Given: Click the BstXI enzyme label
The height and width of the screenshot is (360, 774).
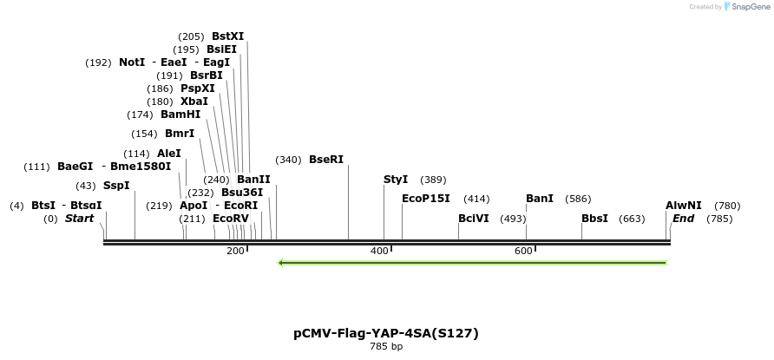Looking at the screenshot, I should (227, 36).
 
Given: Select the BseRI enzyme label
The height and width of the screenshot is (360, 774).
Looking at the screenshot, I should (326, 160).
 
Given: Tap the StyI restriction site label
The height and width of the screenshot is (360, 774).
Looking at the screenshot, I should (396, 180).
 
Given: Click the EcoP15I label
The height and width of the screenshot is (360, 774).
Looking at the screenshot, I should (426, 199).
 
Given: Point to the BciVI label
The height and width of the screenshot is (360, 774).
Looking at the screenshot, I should (474, 219).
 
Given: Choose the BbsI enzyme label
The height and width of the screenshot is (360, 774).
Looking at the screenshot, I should (594, 219).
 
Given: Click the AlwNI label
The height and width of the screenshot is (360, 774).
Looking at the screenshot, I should (684, 206).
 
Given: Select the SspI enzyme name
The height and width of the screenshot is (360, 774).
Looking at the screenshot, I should (116, 186).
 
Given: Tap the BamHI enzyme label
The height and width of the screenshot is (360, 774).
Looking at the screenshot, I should (180, 115).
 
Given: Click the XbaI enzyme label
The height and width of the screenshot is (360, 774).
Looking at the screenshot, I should (194, 101).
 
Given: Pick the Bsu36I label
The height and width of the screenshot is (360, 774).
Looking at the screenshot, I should (242, 193).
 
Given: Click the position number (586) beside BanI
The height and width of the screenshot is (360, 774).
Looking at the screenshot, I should (578, 199).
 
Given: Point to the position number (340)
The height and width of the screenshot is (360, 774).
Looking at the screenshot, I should (288, 160).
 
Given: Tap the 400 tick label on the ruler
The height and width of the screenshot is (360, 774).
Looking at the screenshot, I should (379, 251).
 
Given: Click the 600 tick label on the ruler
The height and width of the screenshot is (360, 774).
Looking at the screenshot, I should (523, 251).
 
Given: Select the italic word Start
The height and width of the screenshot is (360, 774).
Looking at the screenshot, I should (79, 219).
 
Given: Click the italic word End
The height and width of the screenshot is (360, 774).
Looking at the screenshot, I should (684, 219).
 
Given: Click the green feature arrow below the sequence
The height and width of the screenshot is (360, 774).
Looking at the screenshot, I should (472, 263).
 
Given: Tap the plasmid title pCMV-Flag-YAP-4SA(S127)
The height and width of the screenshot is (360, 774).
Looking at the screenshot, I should (386, 333).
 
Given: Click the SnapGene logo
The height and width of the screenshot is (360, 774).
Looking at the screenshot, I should (746, 7).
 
